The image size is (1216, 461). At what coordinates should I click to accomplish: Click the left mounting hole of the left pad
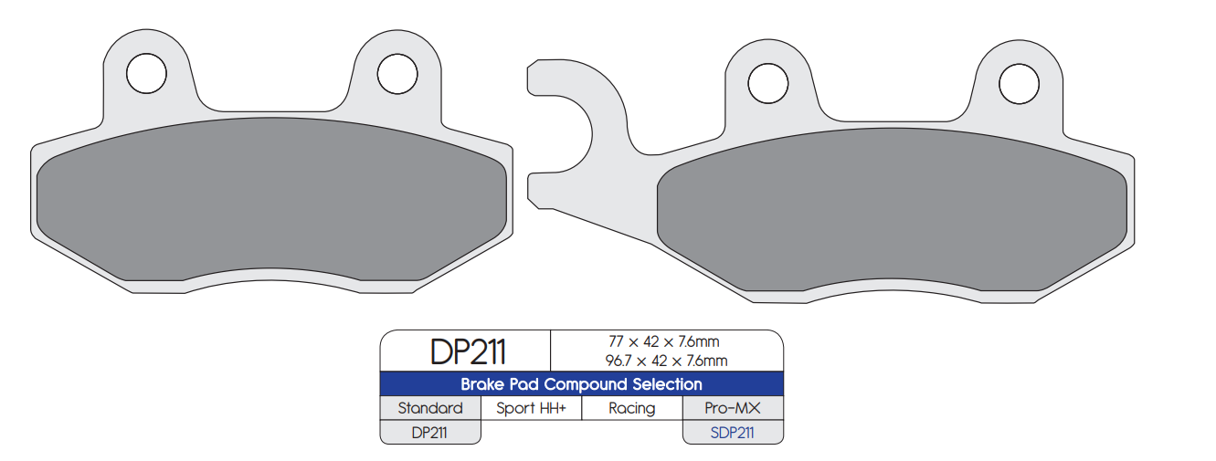(146, 73)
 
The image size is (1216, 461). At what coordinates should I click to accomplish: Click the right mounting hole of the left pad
(397, 73)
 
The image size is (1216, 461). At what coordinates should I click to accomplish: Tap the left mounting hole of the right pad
(767, 84)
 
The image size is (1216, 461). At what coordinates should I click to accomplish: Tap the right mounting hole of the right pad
(1020, 84)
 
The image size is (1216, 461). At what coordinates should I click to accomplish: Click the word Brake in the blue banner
(481, 384)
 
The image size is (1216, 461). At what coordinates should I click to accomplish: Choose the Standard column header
(430, 408)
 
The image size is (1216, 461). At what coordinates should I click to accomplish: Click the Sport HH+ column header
(532, 408)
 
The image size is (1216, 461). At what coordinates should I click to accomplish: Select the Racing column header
(632, 408)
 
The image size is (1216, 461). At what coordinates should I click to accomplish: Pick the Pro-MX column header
(733, 408)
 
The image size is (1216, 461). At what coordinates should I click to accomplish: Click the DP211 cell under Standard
(429, 433)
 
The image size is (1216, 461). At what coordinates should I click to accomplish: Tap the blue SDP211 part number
(733, 433)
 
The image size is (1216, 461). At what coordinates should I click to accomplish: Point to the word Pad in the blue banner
(523, 384)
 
